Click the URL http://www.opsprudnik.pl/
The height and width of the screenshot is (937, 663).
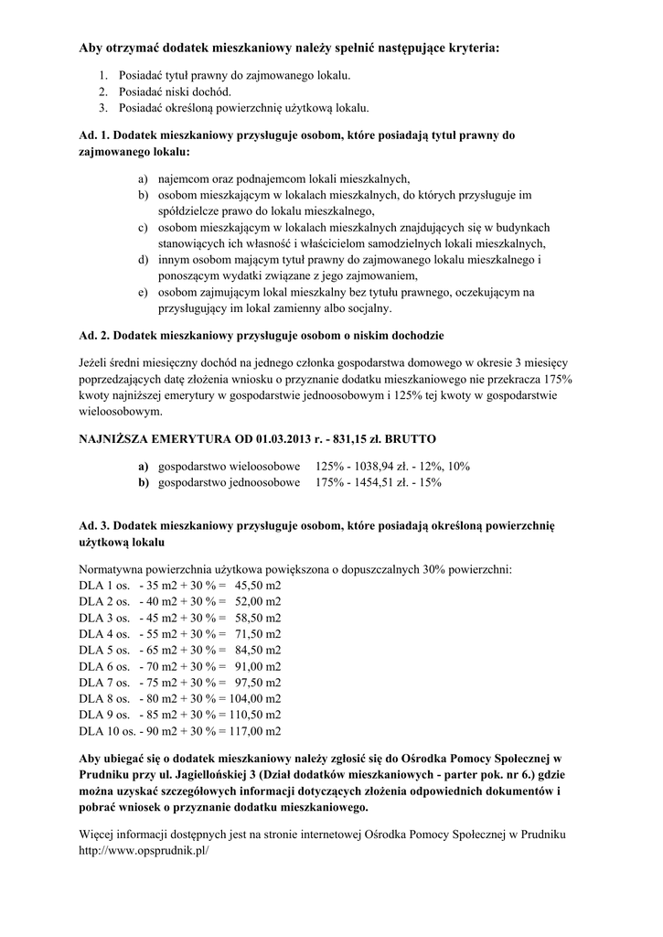(x=144, y=850)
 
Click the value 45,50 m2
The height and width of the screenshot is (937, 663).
(x=258, y=584)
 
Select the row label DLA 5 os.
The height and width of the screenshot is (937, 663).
(x=104, y=649)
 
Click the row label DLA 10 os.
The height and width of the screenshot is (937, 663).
(x=108, y=731)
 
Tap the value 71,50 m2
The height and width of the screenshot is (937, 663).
(x=258, y=633)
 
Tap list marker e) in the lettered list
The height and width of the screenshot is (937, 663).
(x=144, y=292)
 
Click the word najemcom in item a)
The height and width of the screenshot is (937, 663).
(x=186, y=178)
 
